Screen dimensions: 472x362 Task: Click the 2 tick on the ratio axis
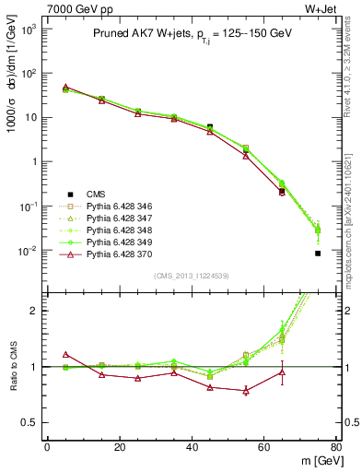(32, 311)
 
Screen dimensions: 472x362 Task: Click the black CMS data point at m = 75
(318, 254)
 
